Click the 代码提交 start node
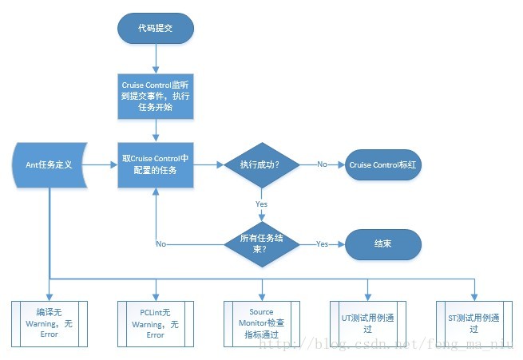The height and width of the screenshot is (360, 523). [x=156, y=28]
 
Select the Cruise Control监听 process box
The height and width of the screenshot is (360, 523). [x=156, y=97]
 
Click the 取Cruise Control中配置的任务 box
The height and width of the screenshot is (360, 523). [x=156, y=165]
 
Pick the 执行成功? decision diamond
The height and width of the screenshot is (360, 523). [x=260, y=165]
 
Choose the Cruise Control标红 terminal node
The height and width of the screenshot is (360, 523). [x=383, y=165]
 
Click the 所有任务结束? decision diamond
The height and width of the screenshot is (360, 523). [x=260, y=243]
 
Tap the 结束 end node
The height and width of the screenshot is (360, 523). [x=383, y=243]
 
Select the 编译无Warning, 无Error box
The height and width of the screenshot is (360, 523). [x=50, y=323]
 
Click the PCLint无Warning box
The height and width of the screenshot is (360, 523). [x=156, y=323]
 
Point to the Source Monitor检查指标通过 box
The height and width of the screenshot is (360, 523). [x=261, y=323]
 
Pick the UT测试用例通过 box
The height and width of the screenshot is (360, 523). [x=367, y=323]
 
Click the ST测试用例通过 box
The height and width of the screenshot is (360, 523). [x=473, y=323]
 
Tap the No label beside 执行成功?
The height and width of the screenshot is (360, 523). [x=322, y=164]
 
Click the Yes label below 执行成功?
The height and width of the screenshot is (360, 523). [x=261, y=204]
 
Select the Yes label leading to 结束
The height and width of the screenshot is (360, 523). [x=322, y=243]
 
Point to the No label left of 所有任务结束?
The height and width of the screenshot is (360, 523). [x=160, y=243]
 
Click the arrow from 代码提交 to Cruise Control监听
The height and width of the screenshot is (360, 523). [x=156, y=57]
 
